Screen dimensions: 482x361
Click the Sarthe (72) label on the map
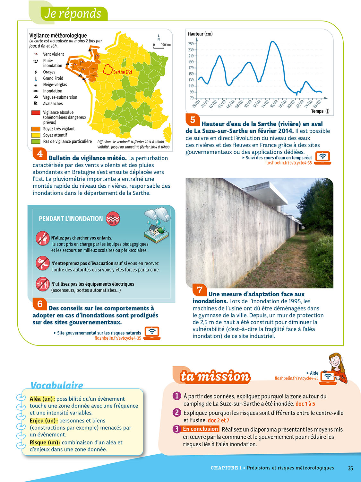pyautogui.click(x=122, y=72)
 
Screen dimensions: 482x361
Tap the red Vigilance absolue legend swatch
pyautogui.click(x=36, y=112)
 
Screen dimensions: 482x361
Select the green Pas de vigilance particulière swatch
pyautogui.click(x=36, y=141)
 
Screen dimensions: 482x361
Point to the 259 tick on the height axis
pyautogui.click(x=191, y=44)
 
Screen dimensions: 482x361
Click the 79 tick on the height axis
pyautogui.click(x=192, y=98)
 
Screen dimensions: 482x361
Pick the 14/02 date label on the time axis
pyautogui.click(x=265, y=104)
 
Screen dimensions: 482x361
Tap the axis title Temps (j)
pyautogui.click(x=320, y=111)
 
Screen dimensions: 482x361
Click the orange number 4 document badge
pyautogui.click(x=40, y=154)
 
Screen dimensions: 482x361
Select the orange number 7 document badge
pyautogui.click(x=200, y=290)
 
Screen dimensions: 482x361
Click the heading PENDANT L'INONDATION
pyautogui.click(x=71, y=219)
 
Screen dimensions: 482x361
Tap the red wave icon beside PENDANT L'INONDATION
pyautogui.click(x=113, y=219)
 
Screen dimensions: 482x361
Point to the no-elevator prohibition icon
pyautogui.click(x=42, y=284)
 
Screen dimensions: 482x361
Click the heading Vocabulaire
pyautogui.click(x=57, y=385)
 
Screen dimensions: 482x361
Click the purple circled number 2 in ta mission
pyautogui.click(x=176, y=412)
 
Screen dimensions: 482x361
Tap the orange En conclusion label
pyautogui.click(x=201, y=429)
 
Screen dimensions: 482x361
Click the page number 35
pyautogui.click(x=350, y=468)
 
